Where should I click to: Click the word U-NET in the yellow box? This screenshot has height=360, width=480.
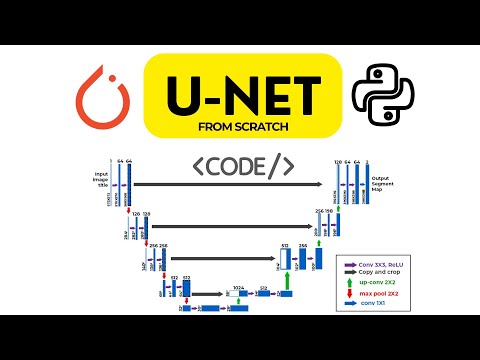coord(240,88)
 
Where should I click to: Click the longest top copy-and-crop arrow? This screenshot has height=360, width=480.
coord(230,184)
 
